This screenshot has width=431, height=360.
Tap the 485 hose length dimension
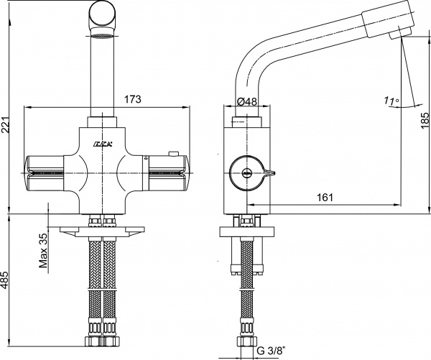[7, 285]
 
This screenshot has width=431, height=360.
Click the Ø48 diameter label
[246, 101]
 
